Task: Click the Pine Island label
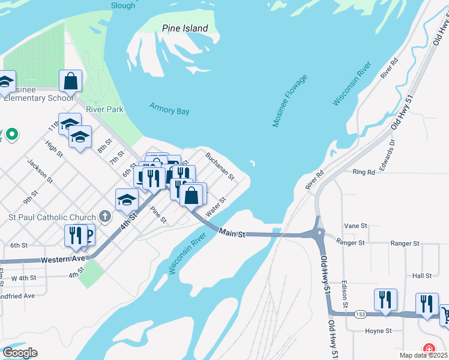[x=185, y=28]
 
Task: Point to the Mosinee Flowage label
[x=290, y=101]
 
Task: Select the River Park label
[x=104, y=109]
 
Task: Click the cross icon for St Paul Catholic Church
[x=105, y=217]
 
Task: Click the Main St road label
[x=232, y=232]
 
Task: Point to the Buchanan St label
[x=219, y=165]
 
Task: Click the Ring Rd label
[x=364, y=172]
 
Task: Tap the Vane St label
[x=355, y=226]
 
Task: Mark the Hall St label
[x=422, y=275]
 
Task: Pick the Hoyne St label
[x=378, y=331]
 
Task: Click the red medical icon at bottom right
[x=429, y=349]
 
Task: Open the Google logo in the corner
[x=20, y=353]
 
